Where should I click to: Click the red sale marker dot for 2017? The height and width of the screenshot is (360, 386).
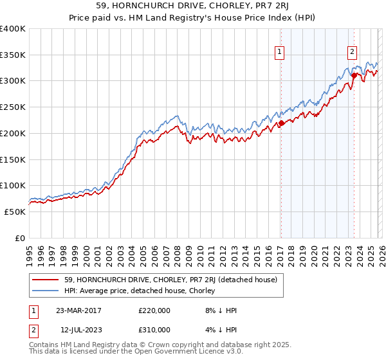pyautogui.click(x=281, y=123)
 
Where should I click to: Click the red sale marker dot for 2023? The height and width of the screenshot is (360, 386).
pyautogui.click(x=353, y=76)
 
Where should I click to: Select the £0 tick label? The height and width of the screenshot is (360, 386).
pyautogui.click(x=21, y=238)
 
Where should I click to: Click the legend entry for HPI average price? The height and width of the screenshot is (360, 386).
pyautogui.click(x=140, y=291)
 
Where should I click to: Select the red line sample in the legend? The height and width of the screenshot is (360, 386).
pyautogui.click(x=46, y=280)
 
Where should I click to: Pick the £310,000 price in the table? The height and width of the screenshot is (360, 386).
pyautogui.click(x=154, y=330)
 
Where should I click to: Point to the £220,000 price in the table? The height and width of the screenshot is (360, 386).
pyautogui.click(x=154, y=310)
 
